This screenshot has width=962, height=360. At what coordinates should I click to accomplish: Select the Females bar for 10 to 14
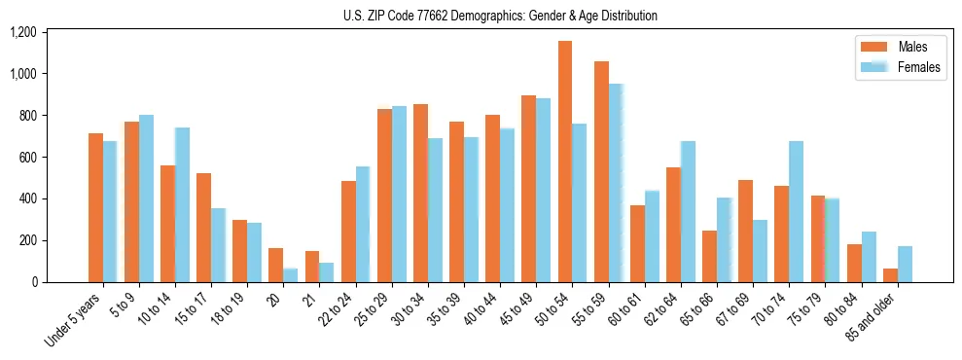[x=183, y=205]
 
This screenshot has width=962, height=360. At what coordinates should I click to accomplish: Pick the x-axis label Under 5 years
[x=72, y=321]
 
